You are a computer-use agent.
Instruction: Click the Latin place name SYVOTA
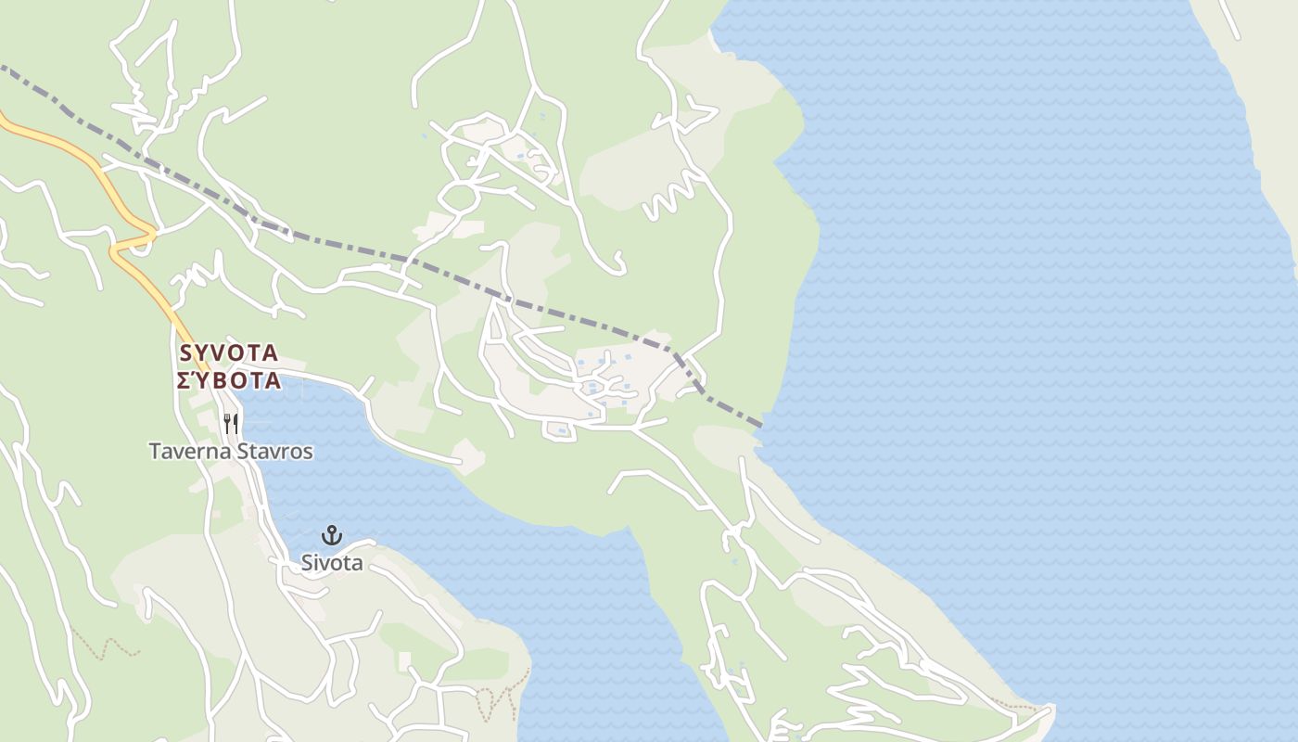(228, 352)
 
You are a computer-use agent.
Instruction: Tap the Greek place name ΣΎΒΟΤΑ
(228, 379)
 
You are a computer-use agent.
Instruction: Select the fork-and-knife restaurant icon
(231, 424)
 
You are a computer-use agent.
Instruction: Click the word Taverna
(188, 452)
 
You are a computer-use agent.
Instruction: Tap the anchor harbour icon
(331, 535)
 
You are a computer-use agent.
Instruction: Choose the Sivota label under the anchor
(331, 563)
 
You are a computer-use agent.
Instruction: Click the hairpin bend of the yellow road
(115, 249)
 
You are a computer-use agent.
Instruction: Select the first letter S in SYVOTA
(185, 352)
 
